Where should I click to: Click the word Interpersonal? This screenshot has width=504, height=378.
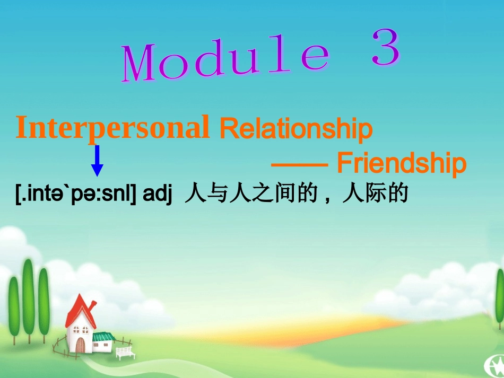[x=112, y=128]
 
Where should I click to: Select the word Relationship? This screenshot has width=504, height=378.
[x=296, y=129]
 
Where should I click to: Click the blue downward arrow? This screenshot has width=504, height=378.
[x=97, y=160]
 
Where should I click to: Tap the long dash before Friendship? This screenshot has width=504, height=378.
[x=299, y=165]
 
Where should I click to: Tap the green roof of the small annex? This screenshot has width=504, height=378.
[x=103, y=336]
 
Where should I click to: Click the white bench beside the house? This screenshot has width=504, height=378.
[x=125, y=353]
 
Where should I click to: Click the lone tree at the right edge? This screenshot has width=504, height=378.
[x=500, y=297]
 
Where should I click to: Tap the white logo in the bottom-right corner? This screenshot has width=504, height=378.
[x=493, y=365]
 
